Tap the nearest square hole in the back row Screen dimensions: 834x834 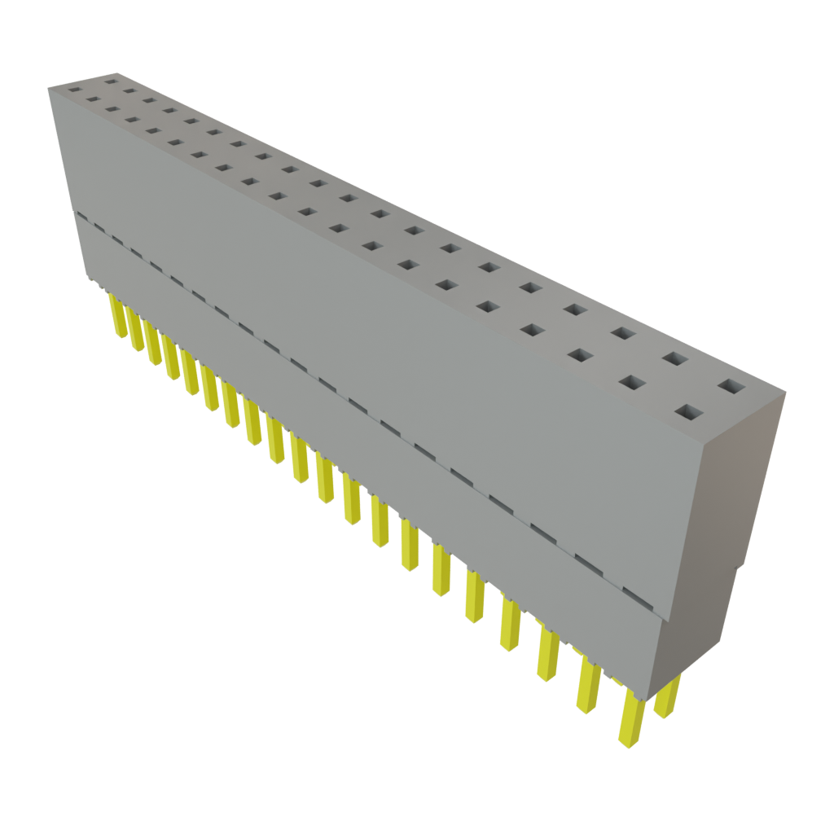[x=731, y=386]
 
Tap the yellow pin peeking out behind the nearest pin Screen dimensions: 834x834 [x=667, y=700]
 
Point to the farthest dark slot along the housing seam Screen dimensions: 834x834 [x=81, y=216]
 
